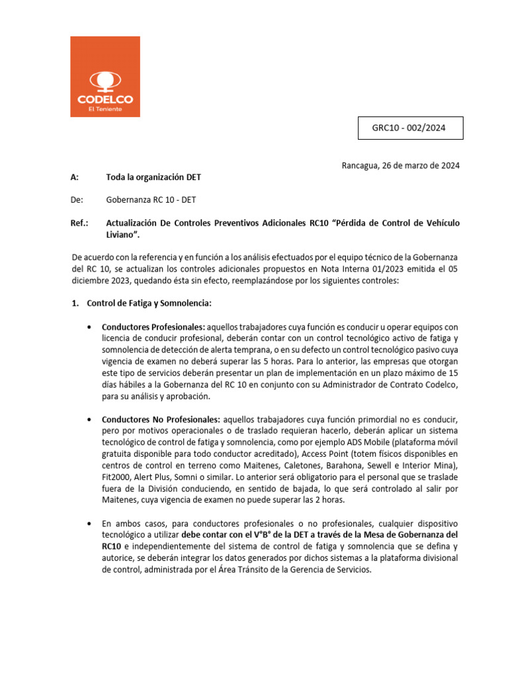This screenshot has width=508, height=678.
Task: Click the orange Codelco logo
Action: tap(105, 76)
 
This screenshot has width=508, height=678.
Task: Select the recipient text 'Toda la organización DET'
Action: tap(153, 177)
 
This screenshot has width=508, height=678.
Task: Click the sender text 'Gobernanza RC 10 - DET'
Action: tap(150, 200)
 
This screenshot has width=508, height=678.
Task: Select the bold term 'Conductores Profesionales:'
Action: tap(153, 327)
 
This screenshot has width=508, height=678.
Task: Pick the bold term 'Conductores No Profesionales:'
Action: tap(161, 420)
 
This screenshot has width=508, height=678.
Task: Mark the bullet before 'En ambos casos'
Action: tap(89, 523)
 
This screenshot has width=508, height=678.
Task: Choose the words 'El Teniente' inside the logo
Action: tap(105, 109)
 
